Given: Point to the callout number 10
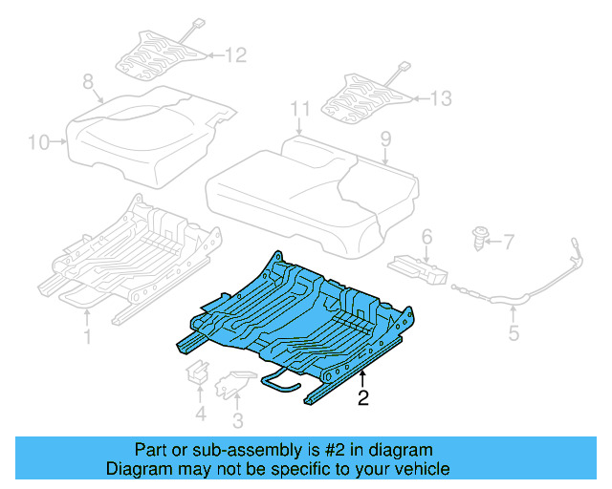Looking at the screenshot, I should tap(37, 143).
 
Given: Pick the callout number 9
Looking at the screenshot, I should tap(385, 139).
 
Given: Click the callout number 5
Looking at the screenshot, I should tap(514, 333).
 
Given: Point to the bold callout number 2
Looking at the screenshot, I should tap(362, 397).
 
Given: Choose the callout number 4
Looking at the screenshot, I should tap(200, 414).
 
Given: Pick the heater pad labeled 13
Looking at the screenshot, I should tap(368, 96).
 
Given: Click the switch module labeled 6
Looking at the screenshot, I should tap(418, 267).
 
